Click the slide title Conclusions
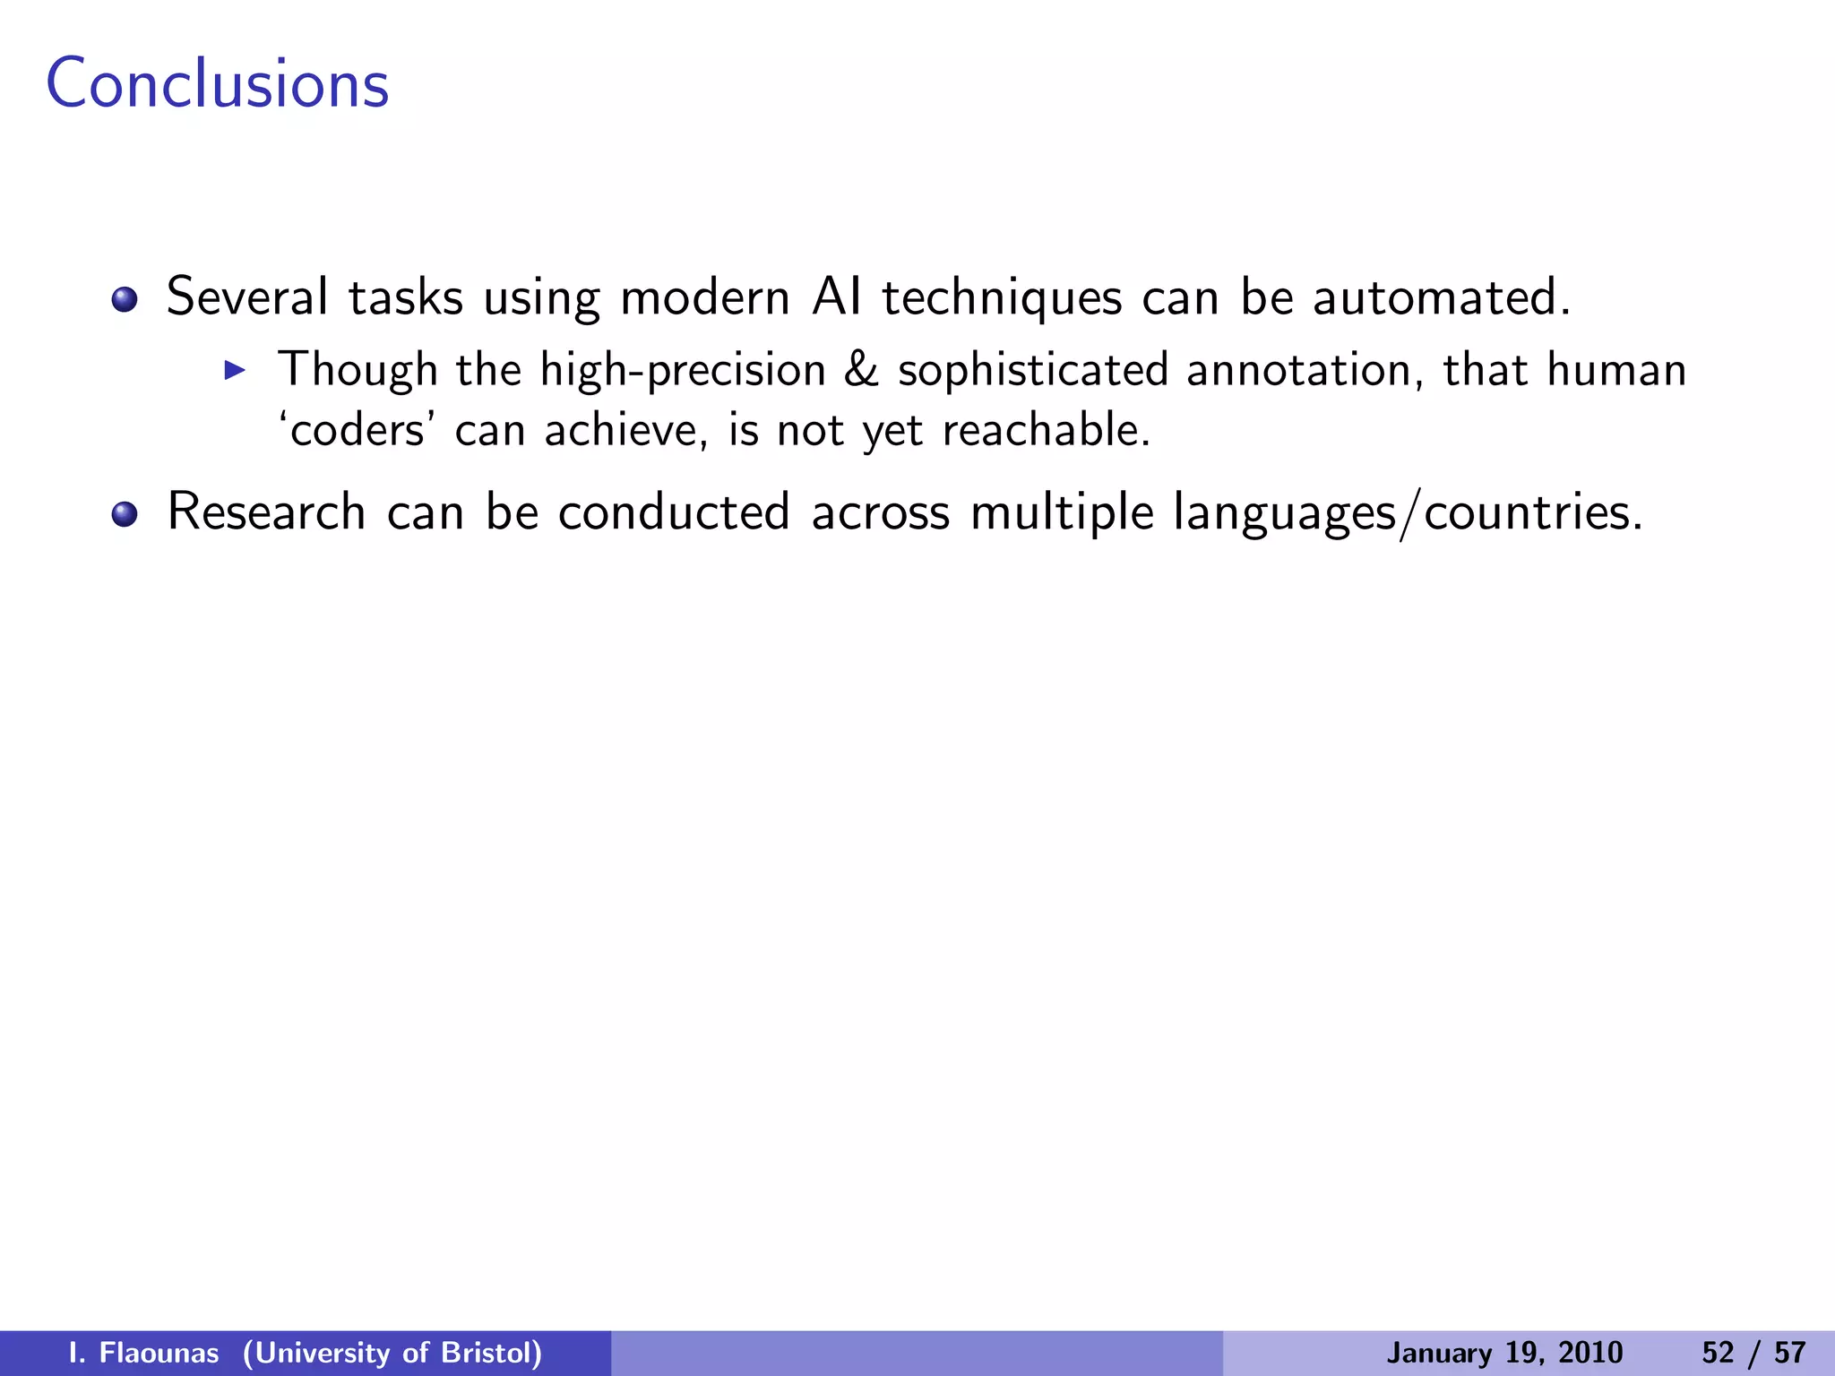tap(218, 84)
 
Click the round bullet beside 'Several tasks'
tap(125, 299)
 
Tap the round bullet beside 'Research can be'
tap(125, 514)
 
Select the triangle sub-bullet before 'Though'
tap(235, 369)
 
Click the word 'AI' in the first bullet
tap(836, 297)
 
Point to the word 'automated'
tap(1441, 297)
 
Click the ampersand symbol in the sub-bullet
tap(861, 370)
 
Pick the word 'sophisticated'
tap(1033, 371)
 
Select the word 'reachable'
tap(1045, 430)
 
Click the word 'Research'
tap(266, 512)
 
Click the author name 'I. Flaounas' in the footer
tap(144, 1353)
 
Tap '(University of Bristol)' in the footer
tap(392, 1353)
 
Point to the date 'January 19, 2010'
tap(1504, 1353)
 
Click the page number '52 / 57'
tap(1753, 1353)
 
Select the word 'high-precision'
tap(683, 371)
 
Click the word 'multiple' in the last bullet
tap(1062, 514)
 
